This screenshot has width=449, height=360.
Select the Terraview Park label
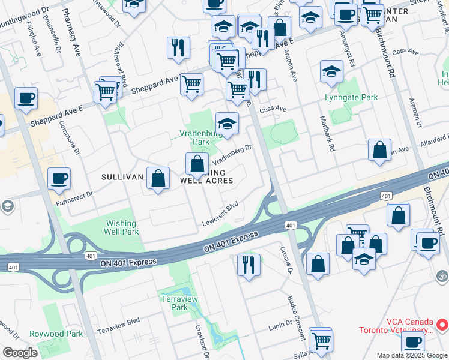pyautogui.click(x=175, y=302)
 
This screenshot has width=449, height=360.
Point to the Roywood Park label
pyautogui.click(x=57, y=334)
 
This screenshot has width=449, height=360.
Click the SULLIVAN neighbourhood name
pyautogui.click(x=122, y=177)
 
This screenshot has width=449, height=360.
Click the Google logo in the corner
pyautogui.click(x=20, y=353)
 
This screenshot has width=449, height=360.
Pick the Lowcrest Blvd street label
pyautogui.click(x=220, y=212)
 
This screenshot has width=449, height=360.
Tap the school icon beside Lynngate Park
pyautogui.click(x=331, y=72)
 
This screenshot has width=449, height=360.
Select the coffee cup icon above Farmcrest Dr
pyautogui.click(x=59, y=179)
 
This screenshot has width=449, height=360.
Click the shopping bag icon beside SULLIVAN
pyautogui.click(x=158, y=178)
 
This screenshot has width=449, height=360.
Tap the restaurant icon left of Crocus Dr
pyautogui.click(x=248, y=263)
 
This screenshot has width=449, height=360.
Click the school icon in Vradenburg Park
pyautogui.click(x=227, y=124)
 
